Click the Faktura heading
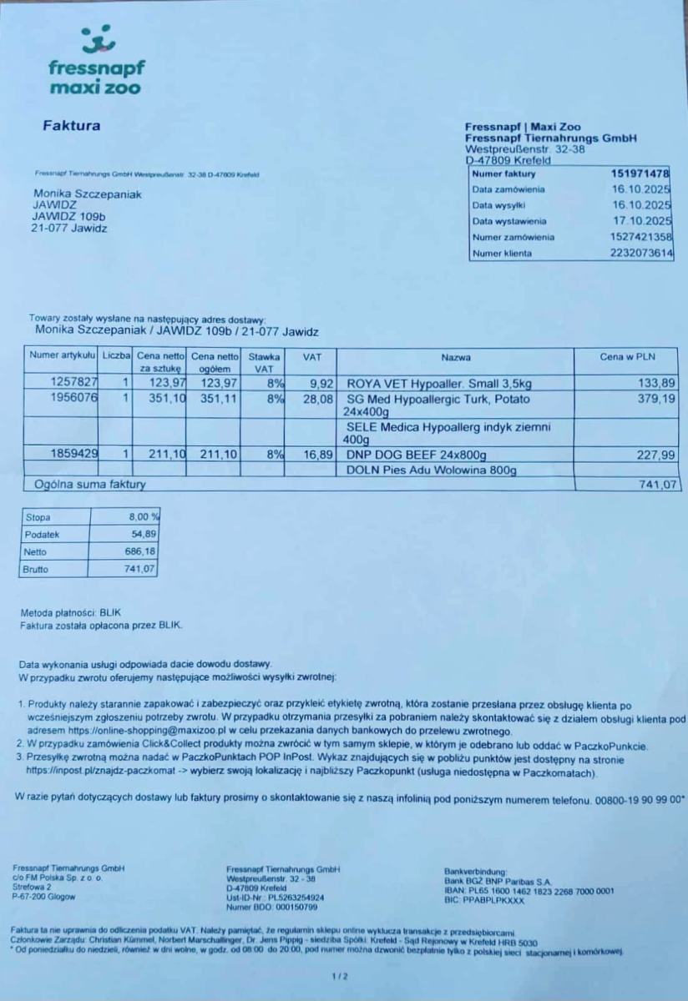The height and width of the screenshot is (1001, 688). [x=71, y=127]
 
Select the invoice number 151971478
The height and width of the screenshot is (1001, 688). [x=640, y=174]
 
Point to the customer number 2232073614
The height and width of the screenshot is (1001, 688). [x=642, y=253]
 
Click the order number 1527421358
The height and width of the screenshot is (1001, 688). [x=642, y=237]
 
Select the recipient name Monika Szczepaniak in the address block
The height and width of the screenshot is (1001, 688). [x=87, y=194]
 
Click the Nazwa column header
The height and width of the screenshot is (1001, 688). [x=456, y=358]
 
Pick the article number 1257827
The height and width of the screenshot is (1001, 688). [x=75, y=383]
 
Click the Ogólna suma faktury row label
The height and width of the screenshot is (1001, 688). [x=90, y=484]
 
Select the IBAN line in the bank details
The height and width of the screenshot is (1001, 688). [x=529, y=890]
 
